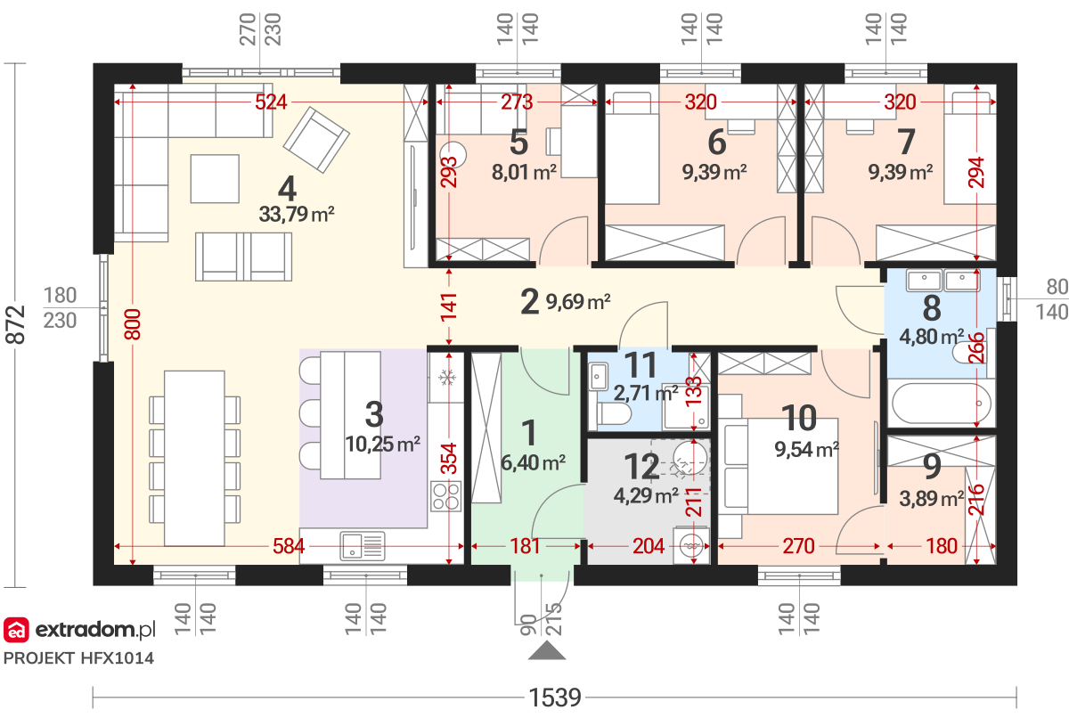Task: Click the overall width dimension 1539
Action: point(555,698)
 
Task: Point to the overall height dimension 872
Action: point(15,325)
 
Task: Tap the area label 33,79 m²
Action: point(297,214)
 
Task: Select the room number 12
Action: point(642,467)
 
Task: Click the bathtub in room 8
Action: point(941,404)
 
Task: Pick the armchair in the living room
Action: point(316,139)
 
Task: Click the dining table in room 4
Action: point(194,458)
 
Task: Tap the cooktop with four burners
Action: point(445,496)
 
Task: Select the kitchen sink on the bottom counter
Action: point(363,546)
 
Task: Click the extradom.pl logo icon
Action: point(16,630)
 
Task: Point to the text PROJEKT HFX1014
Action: point(78,658)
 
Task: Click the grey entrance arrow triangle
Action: point(547,650)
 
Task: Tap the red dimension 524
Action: point(271,102)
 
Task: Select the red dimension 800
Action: point(133,324)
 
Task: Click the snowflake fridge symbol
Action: point(447,378)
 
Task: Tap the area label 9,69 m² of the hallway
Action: point(578,302)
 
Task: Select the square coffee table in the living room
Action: point(215,178)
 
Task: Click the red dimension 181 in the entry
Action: point(525,546)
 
